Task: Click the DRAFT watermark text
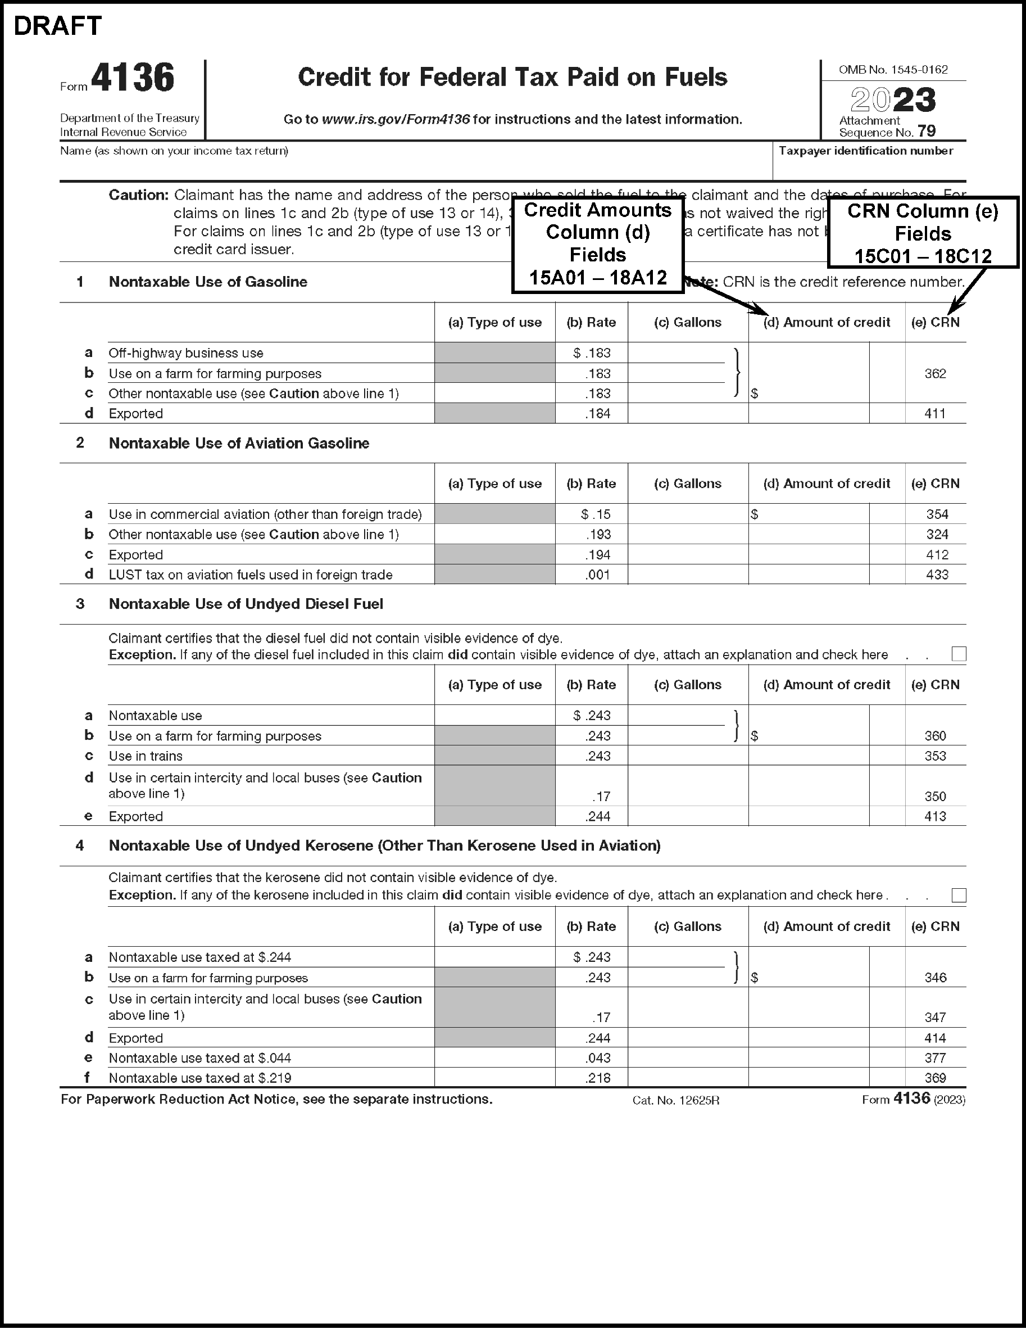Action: (x=58, y=26)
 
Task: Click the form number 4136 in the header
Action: (x=133, y=78)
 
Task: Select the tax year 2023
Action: (x=892, y=100)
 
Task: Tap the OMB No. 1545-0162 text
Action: (x=893, y=70)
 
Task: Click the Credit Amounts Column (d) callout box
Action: (x=598, y=244)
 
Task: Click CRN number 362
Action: (x=935, y=374)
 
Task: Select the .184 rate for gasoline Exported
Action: (x=597, y=414)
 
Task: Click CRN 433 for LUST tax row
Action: (x=937, y=575)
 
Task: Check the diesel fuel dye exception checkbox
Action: (x=959, y=654)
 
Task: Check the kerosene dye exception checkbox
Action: (x=959, y=895)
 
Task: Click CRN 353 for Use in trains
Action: (x=935, y=756)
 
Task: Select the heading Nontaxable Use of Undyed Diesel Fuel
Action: (x=246, y=604)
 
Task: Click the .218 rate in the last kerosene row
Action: (x=597, y=1078)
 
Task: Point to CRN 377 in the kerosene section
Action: (x=935, y=1057)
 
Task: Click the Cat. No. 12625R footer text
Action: (x=676, y=1100)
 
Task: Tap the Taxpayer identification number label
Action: (x=865, y=151)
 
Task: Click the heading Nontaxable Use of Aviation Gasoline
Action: (x=239, y=443)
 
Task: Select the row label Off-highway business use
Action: (x=186, y=353)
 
